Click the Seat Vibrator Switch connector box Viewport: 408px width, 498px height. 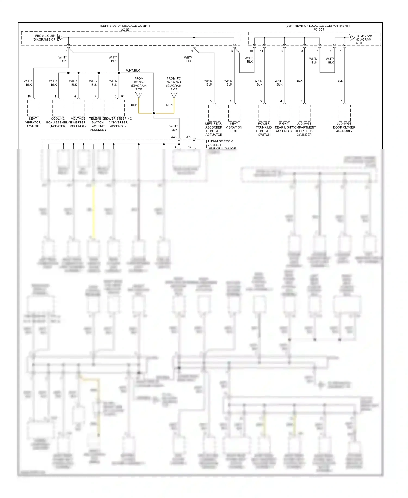(33, 108)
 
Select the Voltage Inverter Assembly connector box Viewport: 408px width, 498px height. (78, 108)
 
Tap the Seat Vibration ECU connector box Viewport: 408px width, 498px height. (234, 113)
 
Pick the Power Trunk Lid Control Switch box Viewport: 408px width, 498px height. (264, 113)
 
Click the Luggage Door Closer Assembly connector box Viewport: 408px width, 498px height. (345, 113)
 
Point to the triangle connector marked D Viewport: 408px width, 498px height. (139, 95)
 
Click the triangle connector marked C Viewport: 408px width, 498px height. (174, 95)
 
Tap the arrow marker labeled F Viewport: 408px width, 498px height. (351, 38)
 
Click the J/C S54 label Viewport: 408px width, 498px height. (126, 29)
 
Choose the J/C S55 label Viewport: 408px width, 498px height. (319, 29)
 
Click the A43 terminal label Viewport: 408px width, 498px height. (174, 137)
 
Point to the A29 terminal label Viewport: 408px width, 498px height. (189, 137)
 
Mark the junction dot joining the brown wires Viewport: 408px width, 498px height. (154, 113)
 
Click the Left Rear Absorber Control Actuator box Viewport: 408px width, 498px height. (214, 113)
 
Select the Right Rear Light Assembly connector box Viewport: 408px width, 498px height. (284, 113)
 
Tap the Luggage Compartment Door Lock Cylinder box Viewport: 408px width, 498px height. (304, 113)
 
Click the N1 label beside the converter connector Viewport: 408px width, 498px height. (123, 96)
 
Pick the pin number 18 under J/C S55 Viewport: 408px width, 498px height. (342, 51)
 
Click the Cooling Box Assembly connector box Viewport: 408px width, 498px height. (58, 108)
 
